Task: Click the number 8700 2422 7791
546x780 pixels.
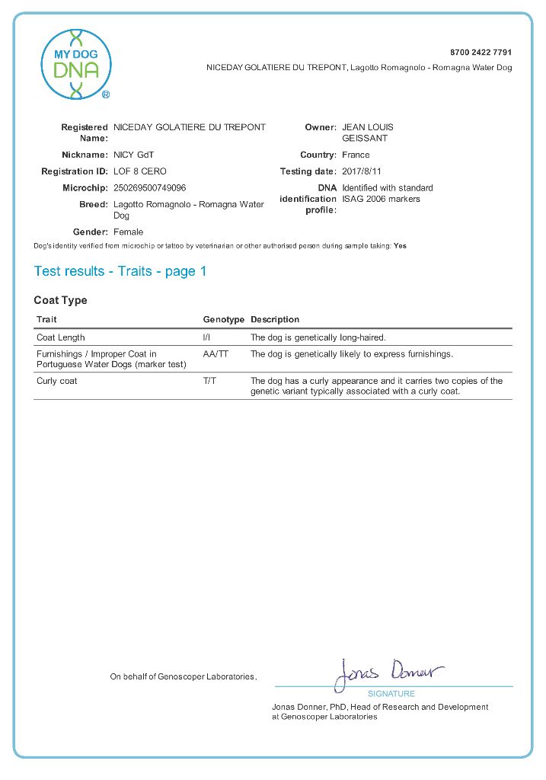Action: point(481,53)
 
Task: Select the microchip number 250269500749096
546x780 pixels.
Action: point(149,187)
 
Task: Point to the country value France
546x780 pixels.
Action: point(356,155)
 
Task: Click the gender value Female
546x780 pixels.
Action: point(128,232)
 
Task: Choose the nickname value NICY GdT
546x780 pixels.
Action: point(133,155)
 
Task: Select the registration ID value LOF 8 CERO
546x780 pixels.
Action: point(139,171)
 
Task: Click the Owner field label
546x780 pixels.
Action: point(320,127)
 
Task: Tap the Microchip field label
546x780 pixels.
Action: point(85,187)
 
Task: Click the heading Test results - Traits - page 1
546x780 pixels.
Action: point(120,271)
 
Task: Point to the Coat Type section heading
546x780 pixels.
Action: point(60,300)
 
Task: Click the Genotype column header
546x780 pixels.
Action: point(223,319)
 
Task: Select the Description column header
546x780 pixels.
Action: point(275,319)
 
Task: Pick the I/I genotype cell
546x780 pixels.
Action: point(207,337)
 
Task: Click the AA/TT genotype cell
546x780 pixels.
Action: point(216,354)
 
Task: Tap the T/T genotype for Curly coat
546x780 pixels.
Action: point(209,381)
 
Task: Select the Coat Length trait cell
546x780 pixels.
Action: point(61,337)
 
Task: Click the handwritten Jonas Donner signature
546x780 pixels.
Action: point(388,673)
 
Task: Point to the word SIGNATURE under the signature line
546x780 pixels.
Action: point(391,694)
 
